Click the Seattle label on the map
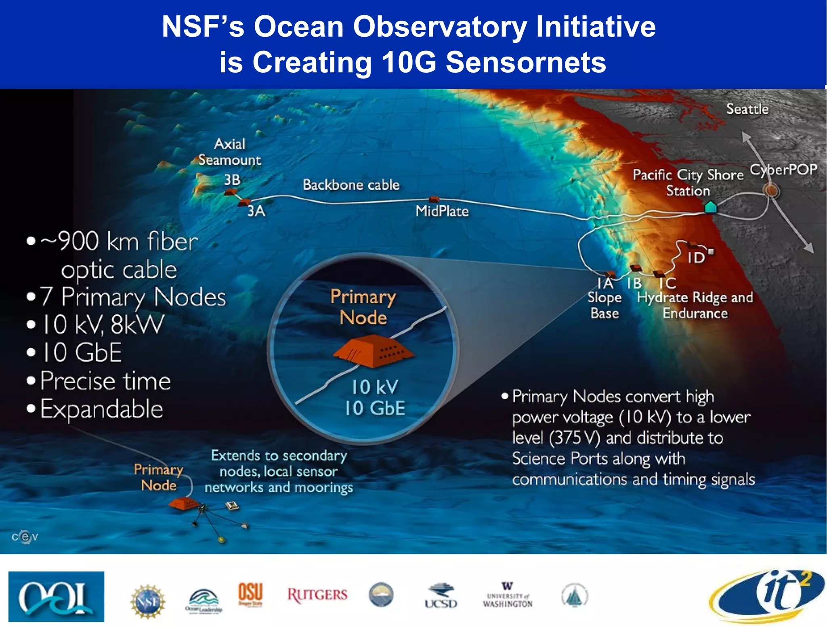click(x=747, y=109)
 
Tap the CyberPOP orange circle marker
click(x=771, y=190)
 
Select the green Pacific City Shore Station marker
click(x=710, y=207)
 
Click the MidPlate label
click(x=442, y=211)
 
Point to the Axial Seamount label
click(x=229, y=152)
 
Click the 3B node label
click(x=232, y=180)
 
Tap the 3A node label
click(x=256, y=211)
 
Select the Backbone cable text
click(x=351, y=185)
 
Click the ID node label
click(x=696, y=258)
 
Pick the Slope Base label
click(x=604, y=305)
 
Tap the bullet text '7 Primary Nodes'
click(x=132, y=297)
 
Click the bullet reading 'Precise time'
click(x=105, y=381)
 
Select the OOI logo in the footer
click(x=56, y=596)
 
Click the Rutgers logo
click(x=317, y=595)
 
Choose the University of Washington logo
click(x=508, y=595)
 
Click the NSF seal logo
click(x=148, y=601)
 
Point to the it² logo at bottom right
click(x=767, y=596)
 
